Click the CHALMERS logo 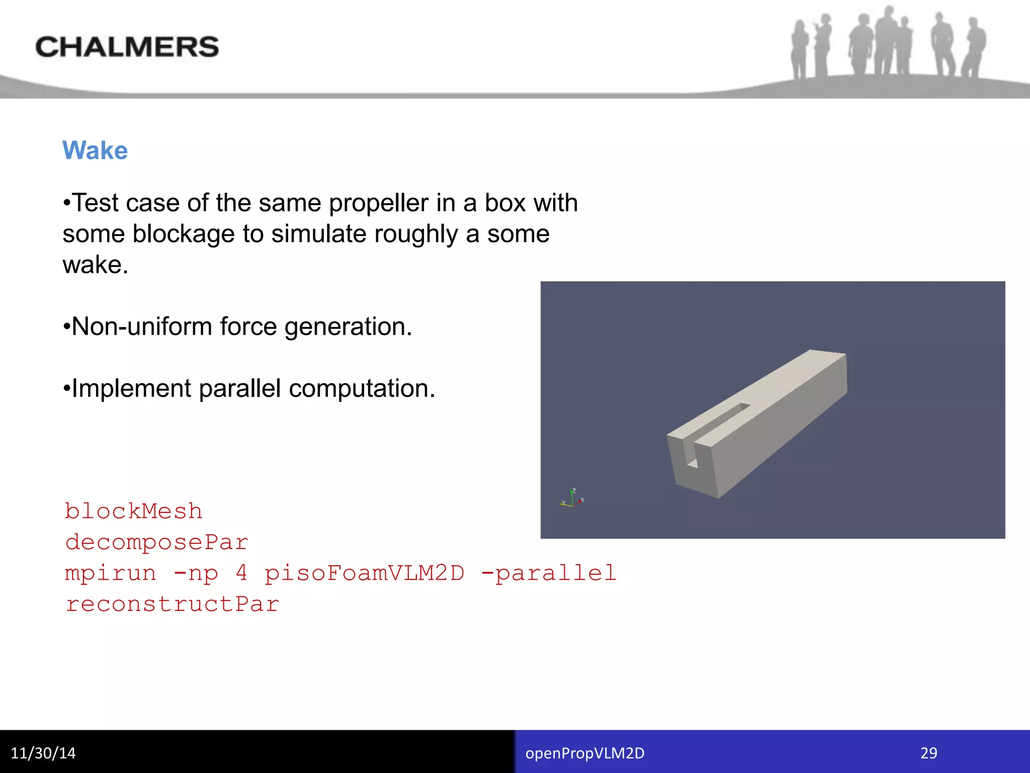pos(127,47)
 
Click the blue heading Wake pos(95,150)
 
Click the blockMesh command pos(133,511)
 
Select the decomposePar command pos(156,543)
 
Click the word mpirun pos(111,573)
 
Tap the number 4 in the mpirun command pos(241,573)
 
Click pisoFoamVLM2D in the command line pos(364,573)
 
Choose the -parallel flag pos(549,573)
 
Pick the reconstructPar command pos(172,604)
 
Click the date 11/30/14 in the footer pos(43,753)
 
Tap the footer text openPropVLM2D pos(585,753)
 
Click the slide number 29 pos(928,753)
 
